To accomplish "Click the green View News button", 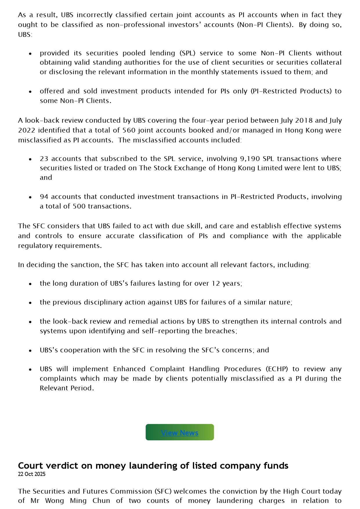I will (180, 432).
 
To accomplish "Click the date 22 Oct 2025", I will (32, 474).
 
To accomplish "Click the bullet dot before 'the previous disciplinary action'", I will (30, 303).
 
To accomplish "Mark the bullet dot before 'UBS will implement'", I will (30, 369).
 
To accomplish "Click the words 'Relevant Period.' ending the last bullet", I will (67, 388).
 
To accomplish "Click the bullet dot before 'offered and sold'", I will (30, 92).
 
